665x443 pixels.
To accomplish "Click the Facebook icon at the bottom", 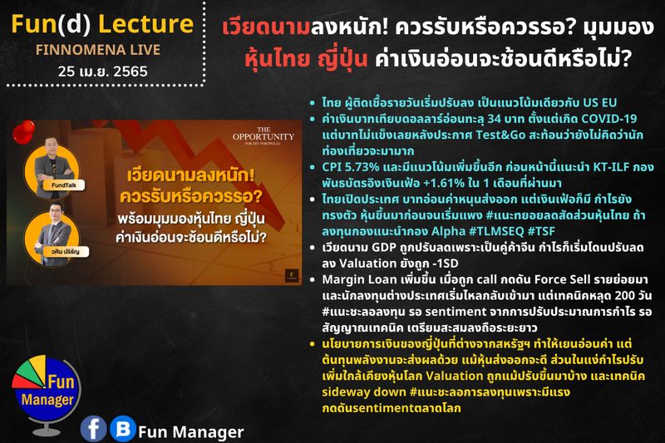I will tap(94, 428).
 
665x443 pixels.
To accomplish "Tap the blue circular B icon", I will tap(122, 428).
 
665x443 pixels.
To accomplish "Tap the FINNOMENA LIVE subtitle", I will tap(99, 50).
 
